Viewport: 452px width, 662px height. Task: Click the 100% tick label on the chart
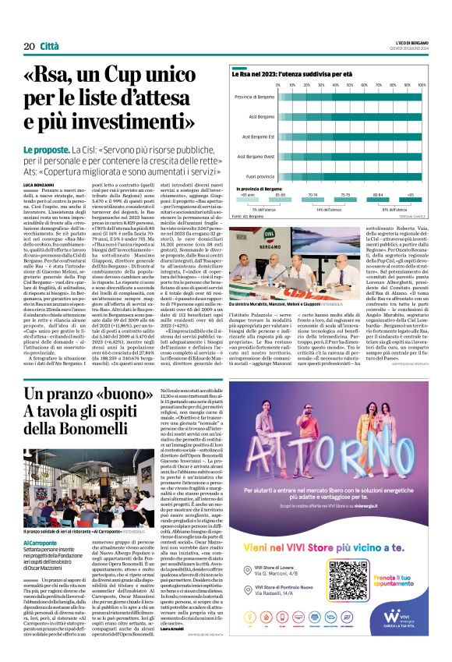coord(422,84)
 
